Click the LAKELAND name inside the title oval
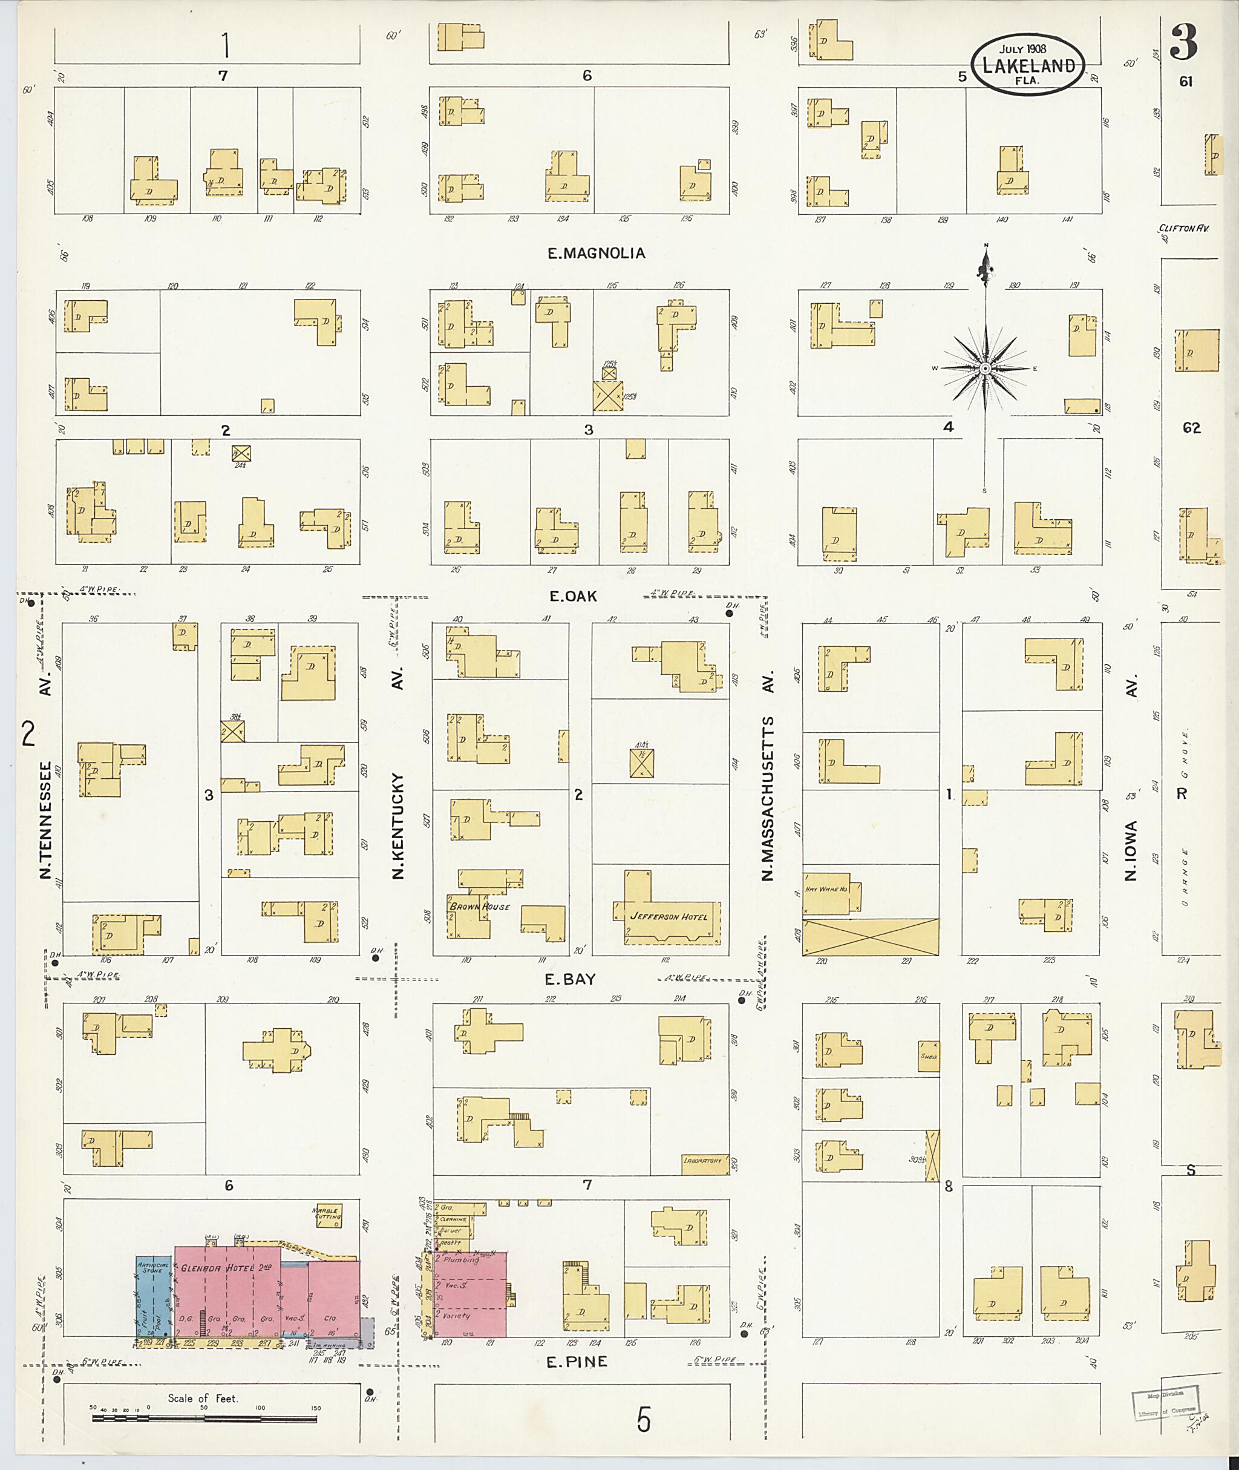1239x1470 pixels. point(1028,66)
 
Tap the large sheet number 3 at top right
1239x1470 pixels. point(1183,42)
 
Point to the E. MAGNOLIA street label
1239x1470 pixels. point(597,253)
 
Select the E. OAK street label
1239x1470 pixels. point(573,596)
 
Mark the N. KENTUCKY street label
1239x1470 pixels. point(398,825)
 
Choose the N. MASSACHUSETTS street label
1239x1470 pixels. point(767,798)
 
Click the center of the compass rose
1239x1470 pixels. point(985,368)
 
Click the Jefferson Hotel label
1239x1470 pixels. point(669,916)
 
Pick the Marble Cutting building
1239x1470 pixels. point(326,1213)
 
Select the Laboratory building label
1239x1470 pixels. point(703,1161)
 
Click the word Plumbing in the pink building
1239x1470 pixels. point(462,1260)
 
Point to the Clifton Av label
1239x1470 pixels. point(1183,228)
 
